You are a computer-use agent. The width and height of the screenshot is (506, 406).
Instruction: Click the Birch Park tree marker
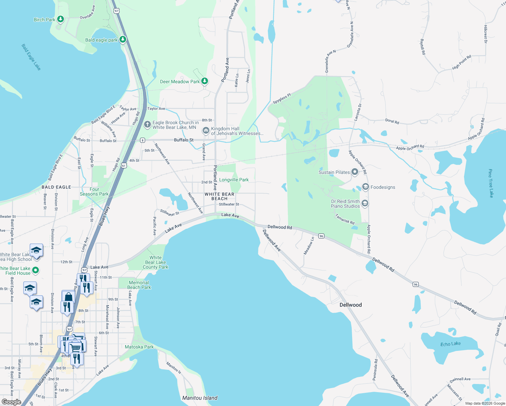click(x=61, y=19)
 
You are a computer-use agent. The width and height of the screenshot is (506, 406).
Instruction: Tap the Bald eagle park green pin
click(x=123, y=39)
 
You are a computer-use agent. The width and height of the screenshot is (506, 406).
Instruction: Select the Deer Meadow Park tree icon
click(x=204, y=81)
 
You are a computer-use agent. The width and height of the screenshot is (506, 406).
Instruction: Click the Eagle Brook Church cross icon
click(x=147, y=125)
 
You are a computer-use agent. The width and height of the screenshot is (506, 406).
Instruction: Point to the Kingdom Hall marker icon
click(x=206, y=130)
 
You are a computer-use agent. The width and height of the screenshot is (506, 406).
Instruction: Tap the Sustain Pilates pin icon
click(x=354, y=172)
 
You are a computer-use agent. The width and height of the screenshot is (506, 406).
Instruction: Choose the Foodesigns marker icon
click(x=365, y=187)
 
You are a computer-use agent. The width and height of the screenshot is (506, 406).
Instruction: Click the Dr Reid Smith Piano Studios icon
click(x=365, y=203)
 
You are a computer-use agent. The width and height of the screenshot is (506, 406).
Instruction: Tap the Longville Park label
click(x=234, y=180)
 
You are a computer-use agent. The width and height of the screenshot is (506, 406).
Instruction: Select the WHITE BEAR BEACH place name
click(x=219, y=196)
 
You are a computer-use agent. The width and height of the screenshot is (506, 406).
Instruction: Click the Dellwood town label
click(x=350, y=305)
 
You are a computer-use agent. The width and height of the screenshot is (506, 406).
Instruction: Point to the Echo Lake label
click(x=450, y=344)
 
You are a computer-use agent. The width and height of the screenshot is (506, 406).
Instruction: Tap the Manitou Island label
click(x=200, y=398)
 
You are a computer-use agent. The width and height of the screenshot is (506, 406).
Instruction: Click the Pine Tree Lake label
click(x=490, y=183)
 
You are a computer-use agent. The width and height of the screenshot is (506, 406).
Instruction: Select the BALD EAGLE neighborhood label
click(x=56, y=187)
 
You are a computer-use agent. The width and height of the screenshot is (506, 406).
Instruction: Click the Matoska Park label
click(x=139, y=347)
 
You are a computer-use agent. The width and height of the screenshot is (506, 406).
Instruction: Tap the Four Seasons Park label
click(x=94, y=191)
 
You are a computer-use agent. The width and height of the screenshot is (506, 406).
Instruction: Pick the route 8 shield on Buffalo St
click(x=143, y=140)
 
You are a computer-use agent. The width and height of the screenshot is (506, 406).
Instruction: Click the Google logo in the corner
click(x=11, y=402)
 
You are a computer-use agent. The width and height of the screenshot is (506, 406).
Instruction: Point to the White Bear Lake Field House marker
click(x=36, y=270)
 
